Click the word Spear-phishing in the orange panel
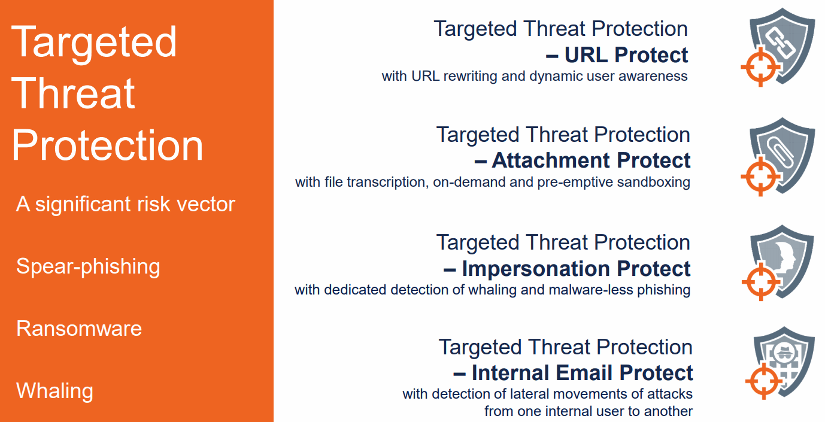(88, 267)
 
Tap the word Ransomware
(79, 329)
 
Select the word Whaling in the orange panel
(54, 391)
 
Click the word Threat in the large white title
(73, 93)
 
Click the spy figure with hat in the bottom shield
(784, 353)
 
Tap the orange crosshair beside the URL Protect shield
(761, 67)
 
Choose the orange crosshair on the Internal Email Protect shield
(764, 381)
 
